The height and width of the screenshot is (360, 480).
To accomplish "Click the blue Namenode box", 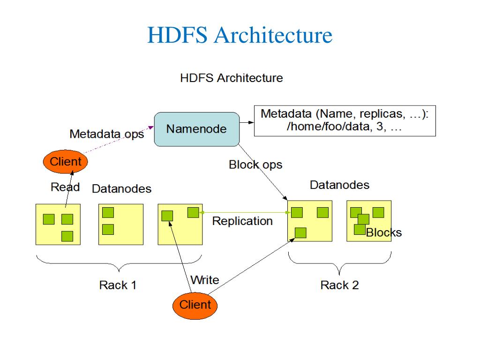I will click(197, 129).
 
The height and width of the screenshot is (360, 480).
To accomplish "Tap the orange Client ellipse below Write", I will click(195, 305).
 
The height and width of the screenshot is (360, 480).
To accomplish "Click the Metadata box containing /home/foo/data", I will click(345, 121).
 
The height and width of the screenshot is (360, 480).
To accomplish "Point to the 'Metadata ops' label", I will click(106, 134).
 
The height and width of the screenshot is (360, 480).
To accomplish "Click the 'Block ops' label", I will click(255, 165).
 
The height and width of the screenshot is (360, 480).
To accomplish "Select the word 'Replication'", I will click(242, 221).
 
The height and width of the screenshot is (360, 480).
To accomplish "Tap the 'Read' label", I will click(65, 187).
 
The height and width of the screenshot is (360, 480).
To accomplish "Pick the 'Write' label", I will click(205, 280).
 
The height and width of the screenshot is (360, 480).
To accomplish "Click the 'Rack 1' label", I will click(118, 285).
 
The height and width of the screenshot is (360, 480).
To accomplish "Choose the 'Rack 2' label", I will click(339, 285).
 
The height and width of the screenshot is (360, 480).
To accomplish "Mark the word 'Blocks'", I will click(384, 232).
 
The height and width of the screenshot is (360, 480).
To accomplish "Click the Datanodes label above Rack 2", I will click(339, 185).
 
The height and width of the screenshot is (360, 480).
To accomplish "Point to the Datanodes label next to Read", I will click(121, 189).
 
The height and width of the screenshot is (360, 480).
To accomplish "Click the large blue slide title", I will click(240, 36).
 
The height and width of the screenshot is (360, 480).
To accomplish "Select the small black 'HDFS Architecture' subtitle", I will click(231, 78).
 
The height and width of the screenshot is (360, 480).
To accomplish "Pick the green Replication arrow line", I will click(244, 213).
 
